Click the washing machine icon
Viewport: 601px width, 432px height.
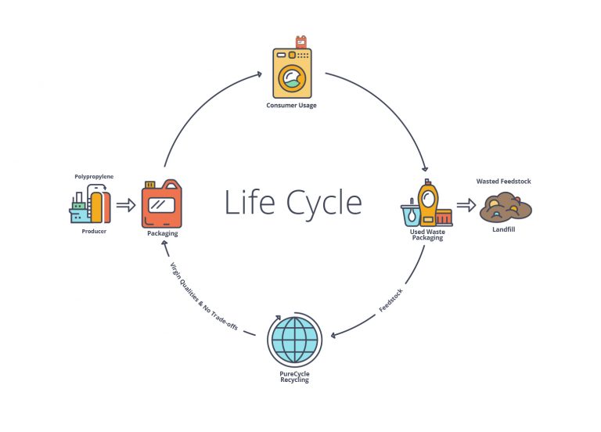(x=291, y=72)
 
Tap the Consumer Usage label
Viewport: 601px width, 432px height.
(x=292, y=105)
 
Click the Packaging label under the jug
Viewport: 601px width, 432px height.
(x=163, y=233)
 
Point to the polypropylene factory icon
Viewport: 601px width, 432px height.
(x=86, y=206)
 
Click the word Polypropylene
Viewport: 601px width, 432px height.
(x=94, y=177)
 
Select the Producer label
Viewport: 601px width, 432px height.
(x=94, y=232)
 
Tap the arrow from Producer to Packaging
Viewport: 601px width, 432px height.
(x=125, y=206)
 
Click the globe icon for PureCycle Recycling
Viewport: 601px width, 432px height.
(x=294, y=340)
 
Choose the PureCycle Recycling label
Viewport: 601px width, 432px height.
(x=294, y=377)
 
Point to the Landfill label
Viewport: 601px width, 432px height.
(x=504, y=230)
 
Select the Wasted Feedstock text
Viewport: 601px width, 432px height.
(x=504, y=182)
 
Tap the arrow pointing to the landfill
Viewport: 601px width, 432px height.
(x=466, y=205)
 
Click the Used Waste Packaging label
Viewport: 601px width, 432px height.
(x=427, y=235)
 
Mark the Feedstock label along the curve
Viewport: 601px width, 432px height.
(x=392, y=300)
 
